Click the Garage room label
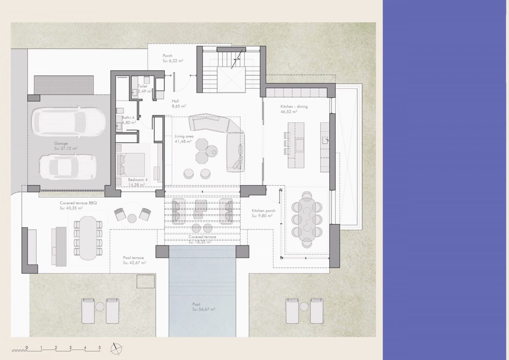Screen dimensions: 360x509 tap(61, 144)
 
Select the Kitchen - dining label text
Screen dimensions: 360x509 tap(294, 107)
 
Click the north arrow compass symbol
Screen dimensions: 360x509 tap(116, 349)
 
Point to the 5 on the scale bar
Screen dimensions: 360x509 tap(100, 348)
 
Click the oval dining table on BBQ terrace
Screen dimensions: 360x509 tap(88, 238)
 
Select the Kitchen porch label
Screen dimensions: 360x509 tap(263, 211)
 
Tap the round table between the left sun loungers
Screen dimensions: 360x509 tap(100, 307)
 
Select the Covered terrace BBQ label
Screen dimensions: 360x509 tap(78, 203)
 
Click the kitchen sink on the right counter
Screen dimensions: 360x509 tap(325, 140)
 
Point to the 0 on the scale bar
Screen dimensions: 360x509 tap(27, 348)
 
